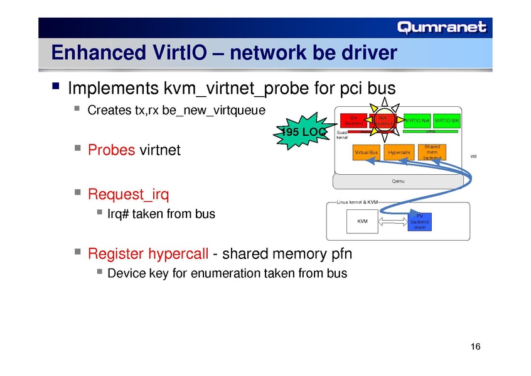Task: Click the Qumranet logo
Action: click(442, 27)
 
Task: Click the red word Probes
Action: click(111, 150)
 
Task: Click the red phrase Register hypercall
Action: click(148, 253)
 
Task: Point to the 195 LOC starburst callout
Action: click(302, 131)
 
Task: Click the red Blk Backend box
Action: click(353, 119)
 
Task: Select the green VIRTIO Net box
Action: click(417, 120)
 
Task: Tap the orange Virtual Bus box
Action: click(366, 152)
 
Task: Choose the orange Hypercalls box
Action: click(399, 152)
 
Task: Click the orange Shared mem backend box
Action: click(432, 152)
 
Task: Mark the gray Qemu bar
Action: click(397, 181)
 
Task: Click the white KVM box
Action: click(363, 221)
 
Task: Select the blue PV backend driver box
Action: click(419, 221)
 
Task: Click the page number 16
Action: click(475, 348)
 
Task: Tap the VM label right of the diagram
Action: click(473, 157)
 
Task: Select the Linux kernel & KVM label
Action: click(357, 202)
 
